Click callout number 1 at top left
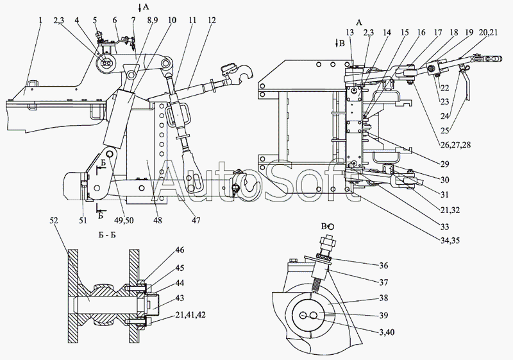[40, 21]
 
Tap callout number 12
[212, 21]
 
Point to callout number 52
[54, 221]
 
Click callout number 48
[157, 221]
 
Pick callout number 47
[196, 221]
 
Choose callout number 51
[83, 221]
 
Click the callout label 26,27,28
[455, 144]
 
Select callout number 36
[383, 265]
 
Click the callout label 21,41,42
[190, 315]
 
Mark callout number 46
[180, 250]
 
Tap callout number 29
[444, 164]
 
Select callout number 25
[444, 130]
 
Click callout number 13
[349, 32]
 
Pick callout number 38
[383, 298]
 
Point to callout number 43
[180, 298]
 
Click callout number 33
[444, 227]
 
